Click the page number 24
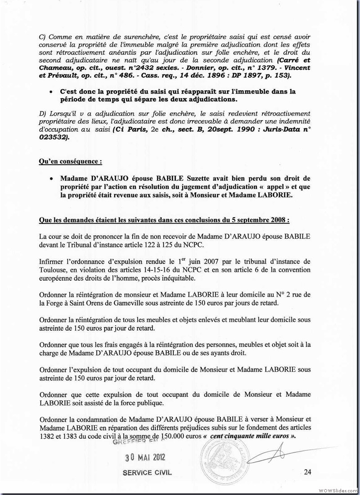307,472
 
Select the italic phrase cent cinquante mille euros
252,437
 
